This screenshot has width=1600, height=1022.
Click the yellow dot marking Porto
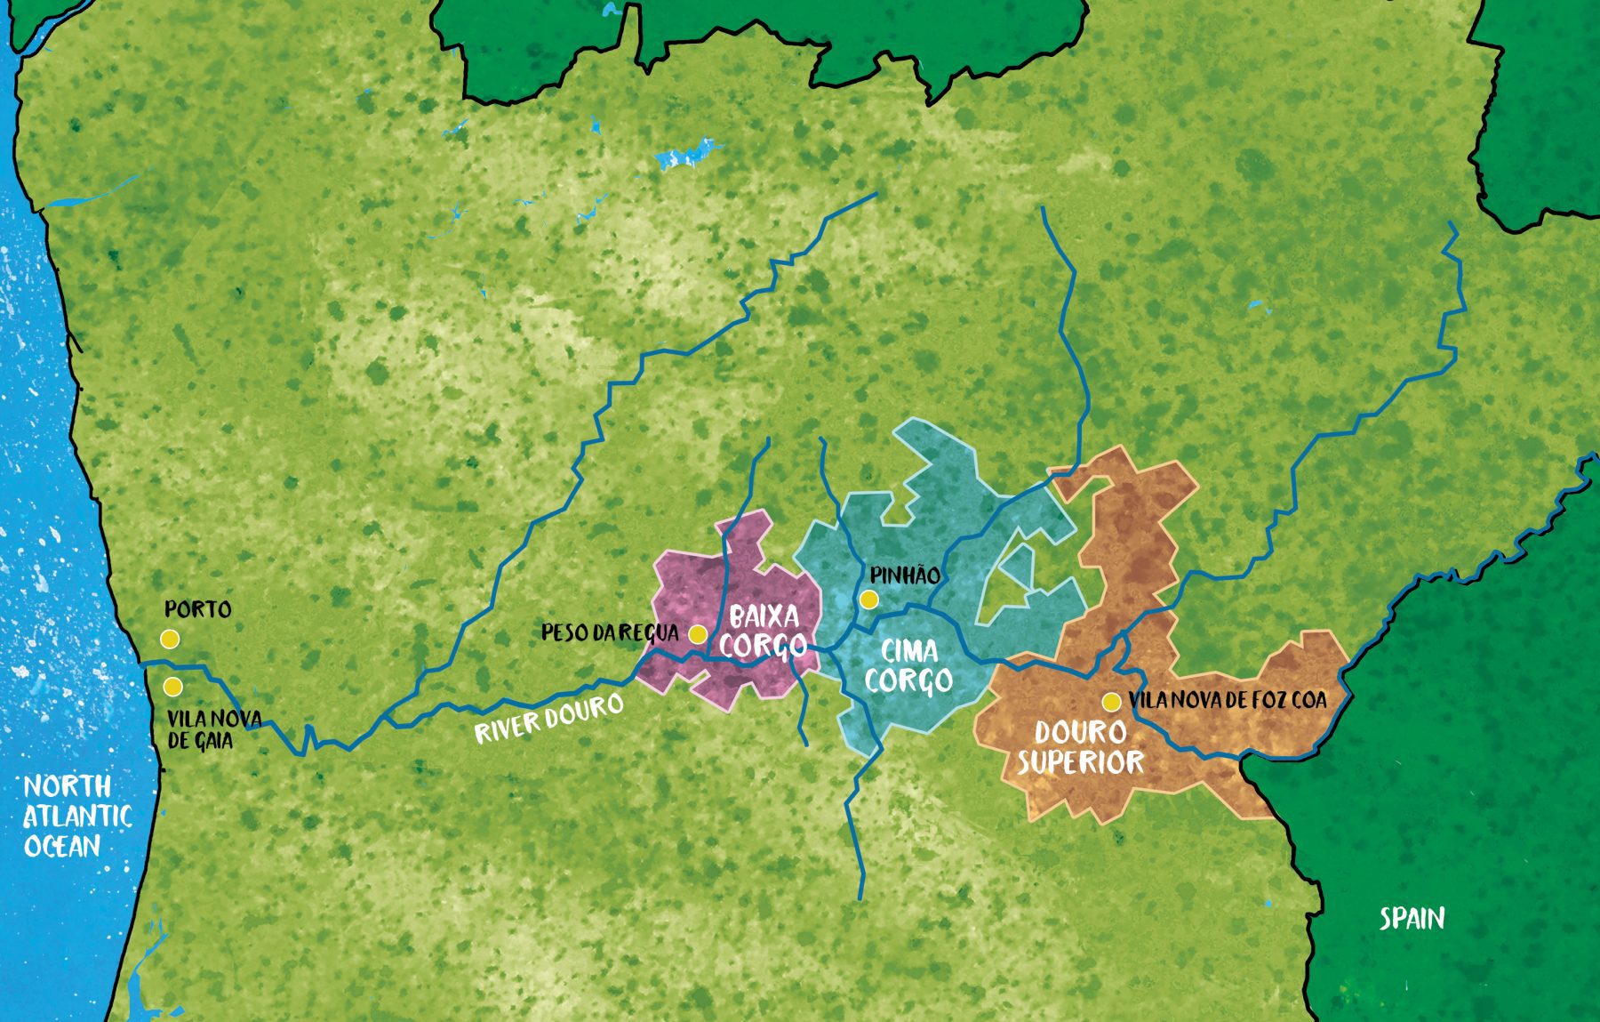tap(170, 639)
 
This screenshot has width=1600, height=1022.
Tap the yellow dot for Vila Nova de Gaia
tap(172, 687)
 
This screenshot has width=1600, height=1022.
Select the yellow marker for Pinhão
tap(869, 600)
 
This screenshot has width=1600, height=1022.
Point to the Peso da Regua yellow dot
tap(698, 634)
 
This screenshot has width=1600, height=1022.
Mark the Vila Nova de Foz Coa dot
tap(1110, 702)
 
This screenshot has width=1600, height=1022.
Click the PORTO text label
tap(197, 610)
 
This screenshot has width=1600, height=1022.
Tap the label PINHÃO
tap(905, 575)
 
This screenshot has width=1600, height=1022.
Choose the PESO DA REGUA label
tap(610, 632)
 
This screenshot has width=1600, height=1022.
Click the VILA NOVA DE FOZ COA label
tap(1228, 700)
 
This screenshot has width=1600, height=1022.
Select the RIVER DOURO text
tap(548, 719)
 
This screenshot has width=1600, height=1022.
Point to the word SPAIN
tap(1412, 918)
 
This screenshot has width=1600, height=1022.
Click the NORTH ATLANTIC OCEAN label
tap(76, 816)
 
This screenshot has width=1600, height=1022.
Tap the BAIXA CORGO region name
tap(764, 630)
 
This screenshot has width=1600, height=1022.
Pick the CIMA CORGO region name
tap(908, 666)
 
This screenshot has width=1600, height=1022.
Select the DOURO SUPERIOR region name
tap(1081, 747)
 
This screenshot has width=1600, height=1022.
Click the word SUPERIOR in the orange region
tap(1081, 762)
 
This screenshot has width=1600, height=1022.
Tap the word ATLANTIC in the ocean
tap(76, 816)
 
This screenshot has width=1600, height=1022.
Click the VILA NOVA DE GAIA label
tap(213, 728)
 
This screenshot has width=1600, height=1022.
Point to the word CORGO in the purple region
tap(764, 645)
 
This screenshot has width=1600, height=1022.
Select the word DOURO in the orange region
tap(1081, 732)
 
